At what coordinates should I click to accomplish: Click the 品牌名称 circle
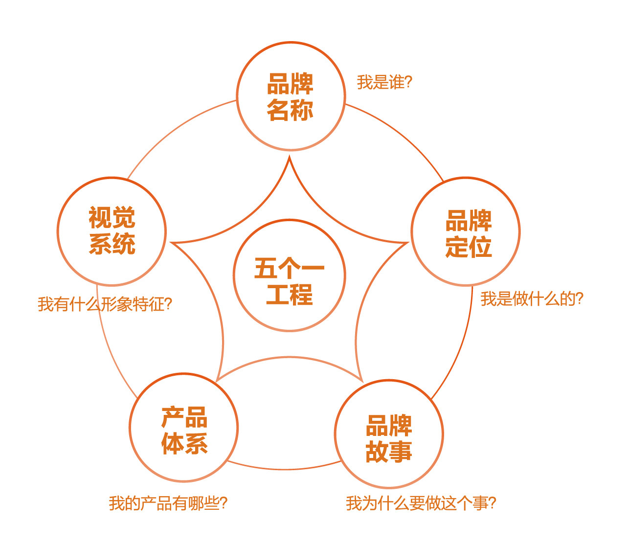291,96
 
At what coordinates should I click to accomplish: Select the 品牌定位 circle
466,231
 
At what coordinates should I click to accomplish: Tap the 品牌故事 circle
389,434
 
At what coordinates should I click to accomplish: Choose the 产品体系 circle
184,428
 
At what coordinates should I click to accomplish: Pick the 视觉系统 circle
112,231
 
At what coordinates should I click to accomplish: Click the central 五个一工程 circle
290,275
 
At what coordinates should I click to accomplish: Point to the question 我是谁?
384,82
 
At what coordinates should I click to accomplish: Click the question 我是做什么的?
532,298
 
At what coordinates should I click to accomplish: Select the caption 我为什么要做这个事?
421,503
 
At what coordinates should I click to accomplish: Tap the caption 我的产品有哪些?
168,503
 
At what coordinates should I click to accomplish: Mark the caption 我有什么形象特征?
105,304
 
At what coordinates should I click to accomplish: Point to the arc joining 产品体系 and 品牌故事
285,469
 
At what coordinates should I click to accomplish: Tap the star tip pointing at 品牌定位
406,243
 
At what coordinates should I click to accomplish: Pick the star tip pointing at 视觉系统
172,243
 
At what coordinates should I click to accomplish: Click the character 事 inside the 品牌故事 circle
401,452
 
